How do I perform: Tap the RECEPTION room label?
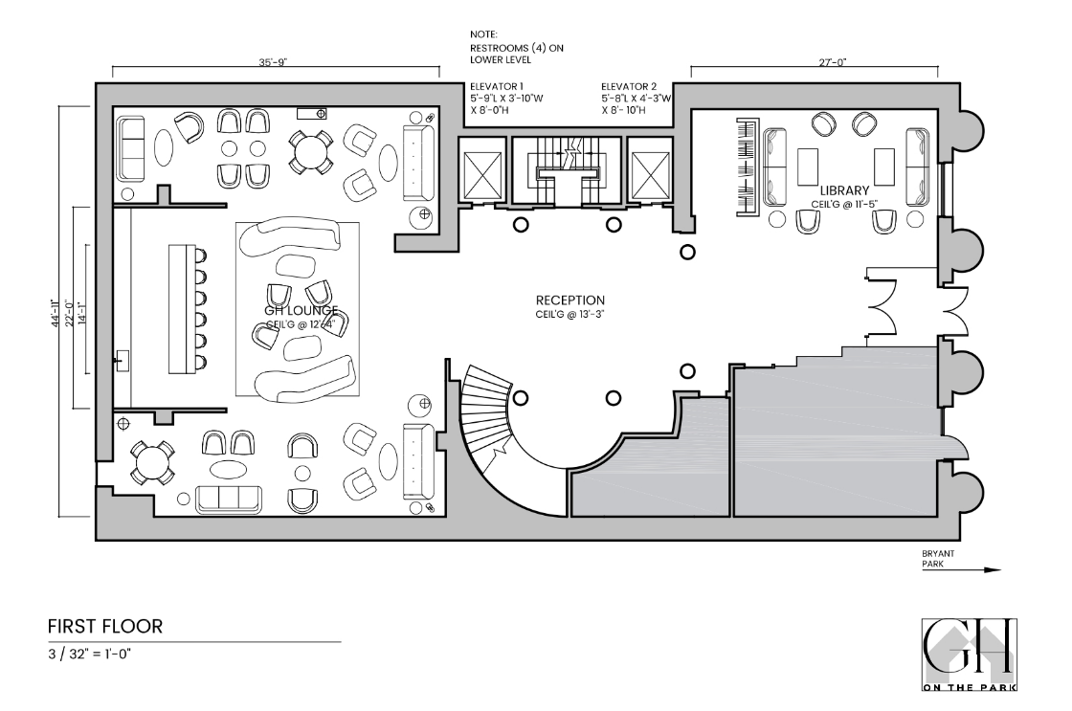pos(570,300)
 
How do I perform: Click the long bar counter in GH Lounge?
pos(182,308)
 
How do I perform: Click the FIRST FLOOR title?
pos(103,626)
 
